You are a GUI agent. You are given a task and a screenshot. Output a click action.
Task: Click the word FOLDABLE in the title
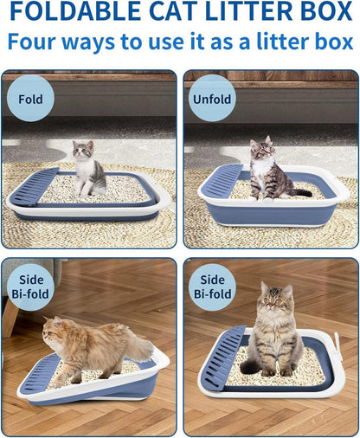coord(75,11)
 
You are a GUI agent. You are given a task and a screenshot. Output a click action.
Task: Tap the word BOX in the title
coord(325,11)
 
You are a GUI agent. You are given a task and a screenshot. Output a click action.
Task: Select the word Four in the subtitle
coord(31,42)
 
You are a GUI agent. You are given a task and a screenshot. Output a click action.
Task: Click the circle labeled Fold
coord(30,99)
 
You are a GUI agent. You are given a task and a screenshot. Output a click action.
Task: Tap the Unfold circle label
coord(212,99)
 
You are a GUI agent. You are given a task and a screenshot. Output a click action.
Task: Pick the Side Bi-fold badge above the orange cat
coord(30,287)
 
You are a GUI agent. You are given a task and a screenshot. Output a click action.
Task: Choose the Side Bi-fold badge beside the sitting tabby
coord(212,287)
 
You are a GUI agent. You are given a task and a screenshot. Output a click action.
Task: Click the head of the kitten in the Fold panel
coord(83,149)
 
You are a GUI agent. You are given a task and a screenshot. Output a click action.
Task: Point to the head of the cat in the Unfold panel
coord(261,148)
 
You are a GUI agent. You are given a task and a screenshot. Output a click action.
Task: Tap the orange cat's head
coord(53,329)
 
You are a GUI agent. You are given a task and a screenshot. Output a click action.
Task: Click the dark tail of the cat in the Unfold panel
coord(301,192)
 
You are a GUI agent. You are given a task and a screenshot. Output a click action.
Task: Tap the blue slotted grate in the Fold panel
coord(35,187)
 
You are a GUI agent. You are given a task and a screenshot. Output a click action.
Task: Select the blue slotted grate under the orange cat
coord(40,374)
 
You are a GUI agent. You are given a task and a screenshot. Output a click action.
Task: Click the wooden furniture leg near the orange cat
coord(10,319)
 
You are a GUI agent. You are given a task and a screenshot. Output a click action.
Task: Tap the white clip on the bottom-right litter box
coord(338,347)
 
